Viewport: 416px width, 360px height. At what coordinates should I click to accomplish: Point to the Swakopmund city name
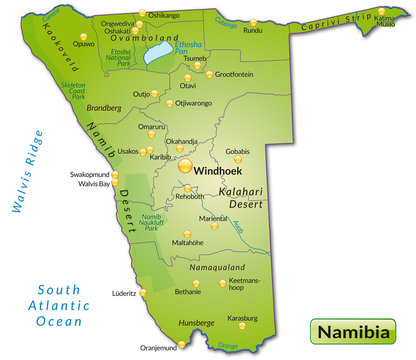coord(88,173)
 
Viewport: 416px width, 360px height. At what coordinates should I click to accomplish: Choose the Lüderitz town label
coord(124,294)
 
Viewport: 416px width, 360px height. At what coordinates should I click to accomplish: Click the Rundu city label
coord(253,29)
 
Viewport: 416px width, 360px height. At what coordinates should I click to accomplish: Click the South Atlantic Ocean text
coord(58,302)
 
